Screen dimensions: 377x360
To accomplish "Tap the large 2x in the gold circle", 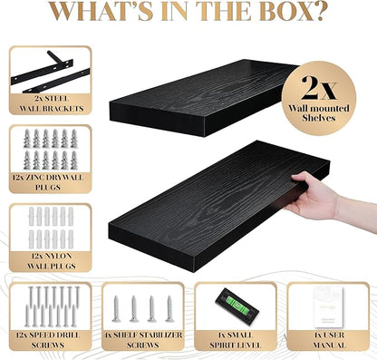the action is coord(318,87).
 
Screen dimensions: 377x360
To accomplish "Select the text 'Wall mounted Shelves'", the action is coord(319,113).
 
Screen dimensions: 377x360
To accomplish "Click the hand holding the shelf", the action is coord(312,197).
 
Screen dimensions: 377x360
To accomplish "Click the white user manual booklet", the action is coord(328,307).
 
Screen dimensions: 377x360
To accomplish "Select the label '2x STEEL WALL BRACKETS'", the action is coord(52,103).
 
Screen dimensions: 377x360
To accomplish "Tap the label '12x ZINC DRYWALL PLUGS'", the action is coord(48,182).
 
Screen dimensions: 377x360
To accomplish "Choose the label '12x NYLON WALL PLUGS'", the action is coord(52,261).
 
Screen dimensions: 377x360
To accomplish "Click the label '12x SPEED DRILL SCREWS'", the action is coord(48,340).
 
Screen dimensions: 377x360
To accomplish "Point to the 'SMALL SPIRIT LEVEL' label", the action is coord(235,340).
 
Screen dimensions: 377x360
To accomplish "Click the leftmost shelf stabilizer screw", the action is coord(116,309).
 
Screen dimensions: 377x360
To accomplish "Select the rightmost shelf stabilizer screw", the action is coord(169,309).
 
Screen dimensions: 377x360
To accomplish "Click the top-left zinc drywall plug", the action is coord(27,139).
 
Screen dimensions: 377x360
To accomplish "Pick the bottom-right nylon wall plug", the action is coord(71,239).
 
